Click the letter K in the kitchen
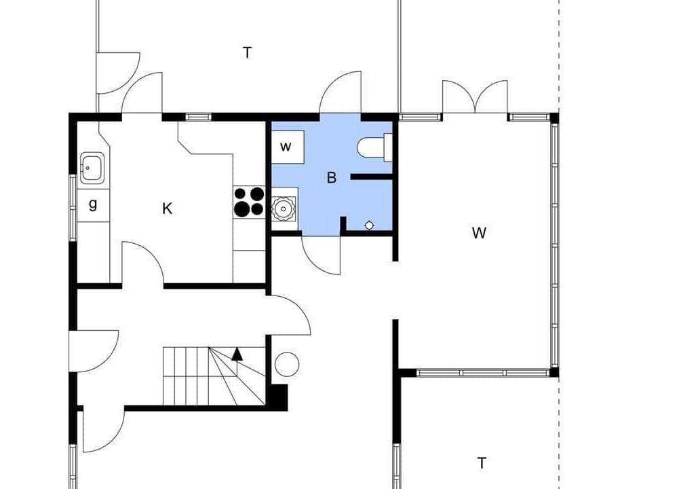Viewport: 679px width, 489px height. [x=167, y=209]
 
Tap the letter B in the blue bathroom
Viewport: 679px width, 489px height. [x=332, y=178]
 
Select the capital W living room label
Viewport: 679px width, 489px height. [x=479, y=233]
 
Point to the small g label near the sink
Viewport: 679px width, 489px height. [x=93, y=204]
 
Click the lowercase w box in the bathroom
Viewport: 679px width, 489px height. [x=288, y=147]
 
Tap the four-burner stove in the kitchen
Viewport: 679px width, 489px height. [x=249, y=202]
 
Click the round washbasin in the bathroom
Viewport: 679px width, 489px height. [x=284, y=209]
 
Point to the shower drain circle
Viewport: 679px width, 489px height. [x=369, y=225]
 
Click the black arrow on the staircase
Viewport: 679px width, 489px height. [x=237, y=354]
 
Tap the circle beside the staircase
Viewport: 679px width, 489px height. [x=287, y=365]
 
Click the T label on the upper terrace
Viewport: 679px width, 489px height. [x=247, y=53]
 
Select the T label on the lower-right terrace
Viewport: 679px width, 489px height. [x=482, y=463]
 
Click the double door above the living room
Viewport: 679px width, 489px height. [x=475, y=96]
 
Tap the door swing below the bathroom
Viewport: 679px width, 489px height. [x=321, y=255]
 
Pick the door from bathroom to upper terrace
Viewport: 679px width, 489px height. [x=340, y=92]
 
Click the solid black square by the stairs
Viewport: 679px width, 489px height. [x=277, y=397]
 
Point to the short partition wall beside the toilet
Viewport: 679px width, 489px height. [x=372, y=177]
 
